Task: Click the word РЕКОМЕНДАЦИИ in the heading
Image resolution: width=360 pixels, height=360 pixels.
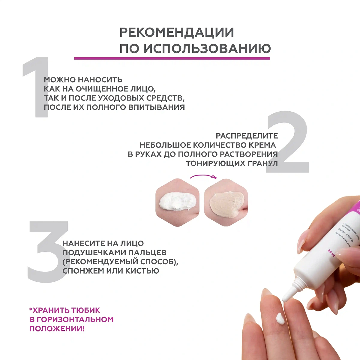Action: [176, 32]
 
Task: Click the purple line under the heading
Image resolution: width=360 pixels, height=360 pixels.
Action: [172, 58]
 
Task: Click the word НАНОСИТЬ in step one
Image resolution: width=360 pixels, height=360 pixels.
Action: [100, 80]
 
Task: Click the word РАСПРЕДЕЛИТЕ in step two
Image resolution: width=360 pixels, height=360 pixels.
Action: [247, 136]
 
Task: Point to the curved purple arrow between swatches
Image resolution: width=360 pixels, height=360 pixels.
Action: [203, 176]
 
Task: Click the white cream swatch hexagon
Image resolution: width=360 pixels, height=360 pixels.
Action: [178, 201]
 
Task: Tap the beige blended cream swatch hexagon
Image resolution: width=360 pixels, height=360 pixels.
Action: [226, 201]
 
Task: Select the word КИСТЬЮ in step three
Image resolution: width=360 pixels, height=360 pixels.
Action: [142, 271]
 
